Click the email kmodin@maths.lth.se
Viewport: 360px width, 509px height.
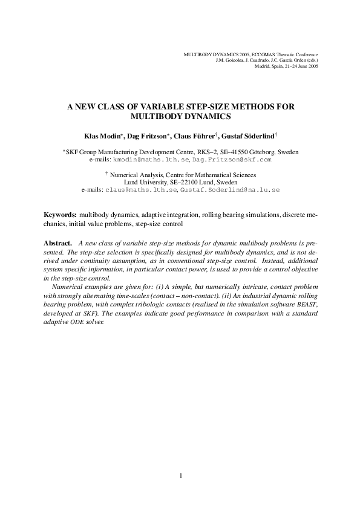pyautogui.click(x=151, y=160)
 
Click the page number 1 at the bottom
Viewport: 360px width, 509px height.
pyautogui.click(x=180, y=476)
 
